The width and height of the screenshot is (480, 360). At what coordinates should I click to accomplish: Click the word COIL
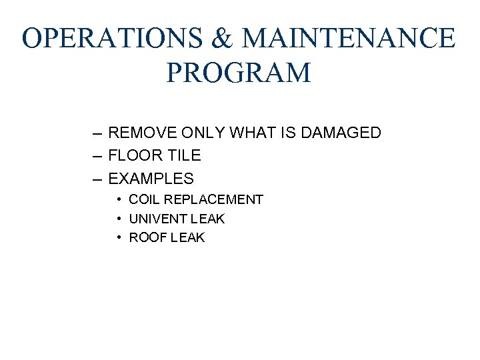143,199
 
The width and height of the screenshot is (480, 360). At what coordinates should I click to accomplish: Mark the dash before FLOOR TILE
97,156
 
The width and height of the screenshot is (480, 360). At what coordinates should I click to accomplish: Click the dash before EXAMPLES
97,179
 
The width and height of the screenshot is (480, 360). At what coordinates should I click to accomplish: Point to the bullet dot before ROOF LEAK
117,237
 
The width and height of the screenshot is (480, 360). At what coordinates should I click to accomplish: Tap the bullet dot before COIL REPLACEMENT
117,199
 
